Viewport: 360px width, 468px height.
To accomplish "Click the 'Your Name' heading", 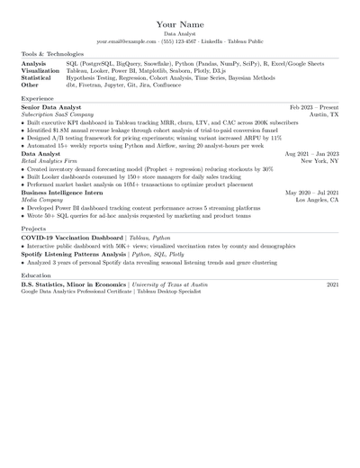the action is click(179, 23).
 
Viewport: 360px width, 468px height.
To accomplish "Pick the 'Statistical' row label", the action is click(37, 78).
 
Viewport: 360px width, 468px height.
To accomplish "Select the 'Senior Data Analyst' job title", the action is click(50, 107).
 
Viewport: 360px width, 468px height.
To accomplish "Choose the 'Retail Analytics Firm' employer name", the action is click(51, 162).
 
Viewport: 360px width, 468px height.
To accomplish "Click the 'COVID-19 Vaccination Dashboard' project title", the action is click(73, 238).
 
